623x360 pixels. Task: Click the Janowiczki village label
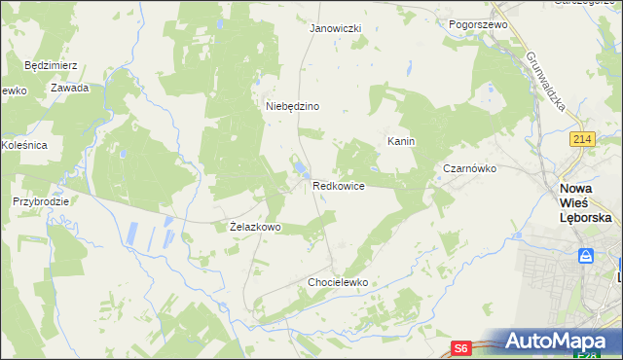(x=335, y=28)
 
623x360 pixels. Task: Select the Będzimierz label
(x=51, y=66)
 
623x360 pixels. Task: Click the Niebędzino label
(x=293, y=106)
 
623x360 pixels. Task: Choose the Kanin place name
(x=401, y=141)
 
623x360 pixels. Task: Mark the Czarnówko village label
(x=469, y=168)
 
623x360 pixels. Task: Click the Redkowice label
(x=339, y=185)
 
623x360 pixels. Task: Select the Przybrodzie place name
(x=40, y=201)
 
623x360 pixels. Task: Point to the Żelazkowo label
(x=255, y=227)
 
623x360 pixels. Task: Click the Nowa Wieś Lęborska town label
(x=585, y=203)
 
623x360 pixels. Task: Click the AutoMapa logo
(x=556, y=342)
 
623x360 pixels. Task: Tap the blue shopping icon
(x=586, y=256)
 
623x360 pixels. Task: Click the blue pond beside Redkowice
(x=298, y=175)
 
